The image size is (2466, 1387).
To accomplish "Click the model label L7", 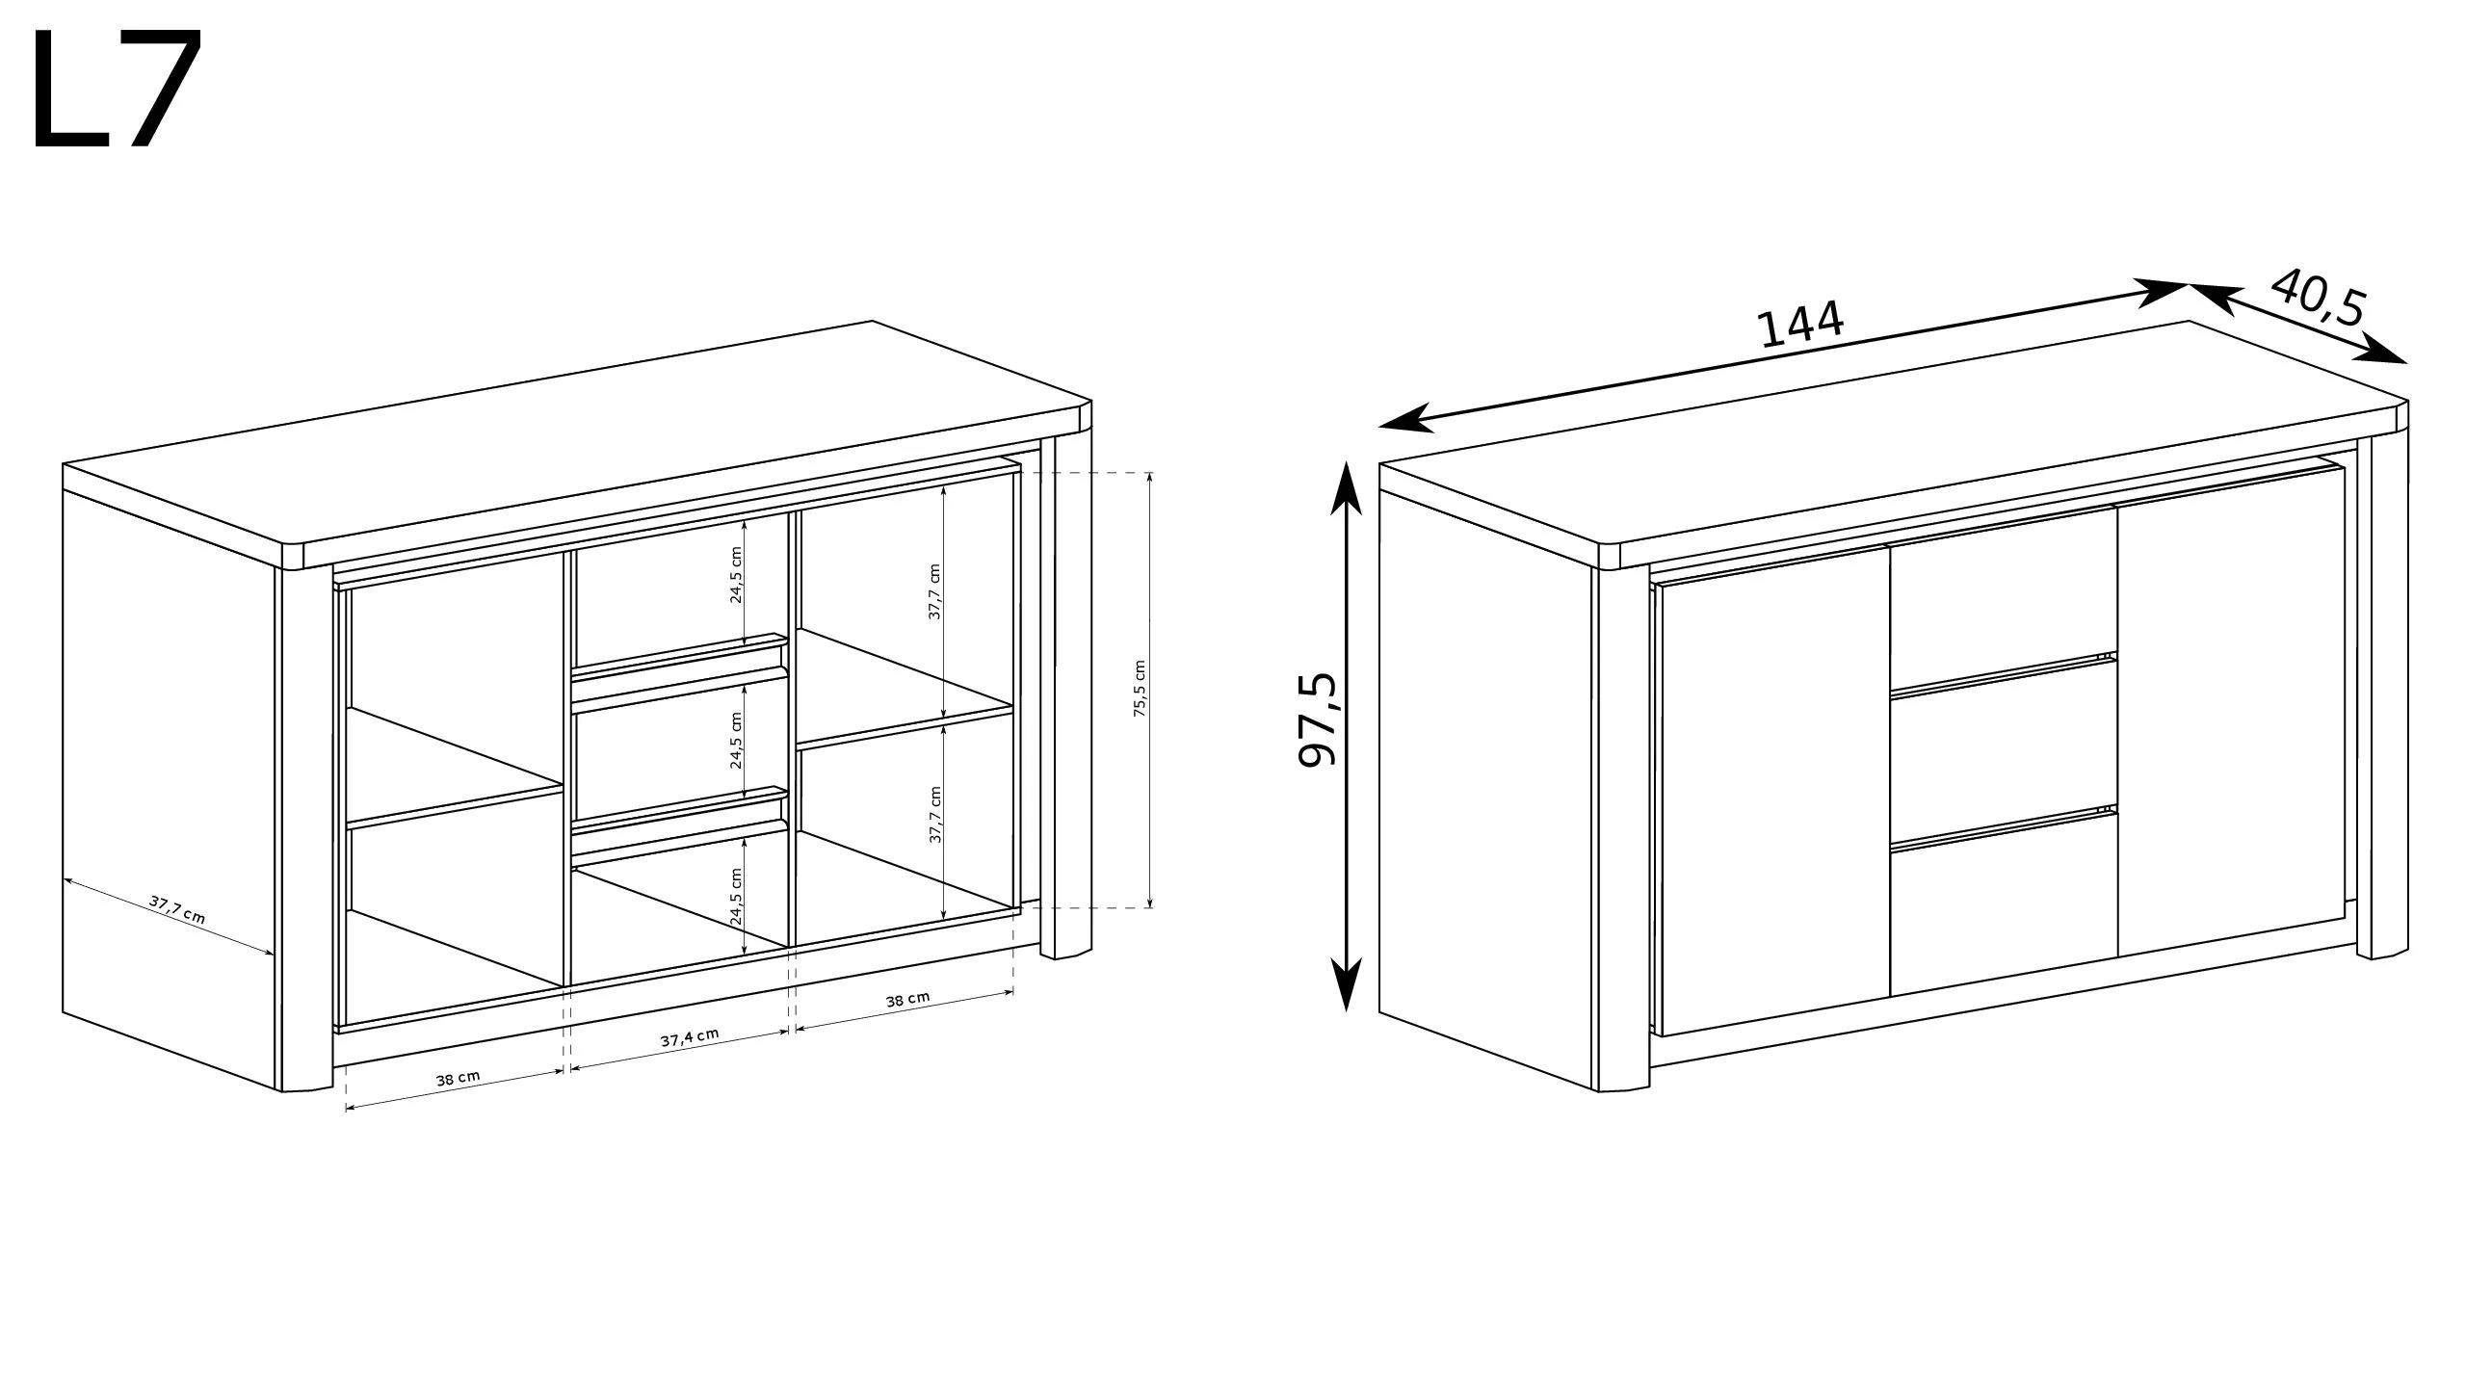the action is (117, 88).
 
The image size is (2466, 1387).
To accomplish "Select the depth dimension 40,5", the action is (2318, 298).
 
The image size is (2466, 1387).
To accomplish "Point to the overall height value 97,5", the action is (1319, 719).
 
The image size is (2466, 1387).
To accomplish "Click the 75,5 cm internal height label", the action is (1140, 689).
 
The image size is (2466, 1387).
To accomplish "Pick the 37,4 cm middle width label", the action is (690, 1037).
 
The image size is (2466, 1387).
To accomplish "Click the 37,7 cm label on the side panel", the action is (177, 909).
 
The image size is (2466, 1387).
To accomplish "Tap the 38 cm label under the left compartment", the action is (458, 1079).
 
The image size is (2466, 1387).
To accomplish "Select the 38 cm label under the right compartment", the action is (907, 999).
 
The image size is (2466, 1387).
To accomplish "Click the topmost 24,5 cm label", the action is (737, 575).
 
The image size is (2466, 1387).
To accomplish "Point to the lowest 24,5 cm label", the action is (737, 897).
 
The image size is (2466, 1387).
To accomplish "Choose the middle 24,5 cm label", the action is (737, 740).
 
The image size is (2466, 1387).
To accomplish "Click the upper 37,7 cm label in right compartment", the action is (934, 591).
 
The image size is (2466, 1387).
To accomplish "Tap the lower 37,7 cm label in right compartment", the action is (934, 815).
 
